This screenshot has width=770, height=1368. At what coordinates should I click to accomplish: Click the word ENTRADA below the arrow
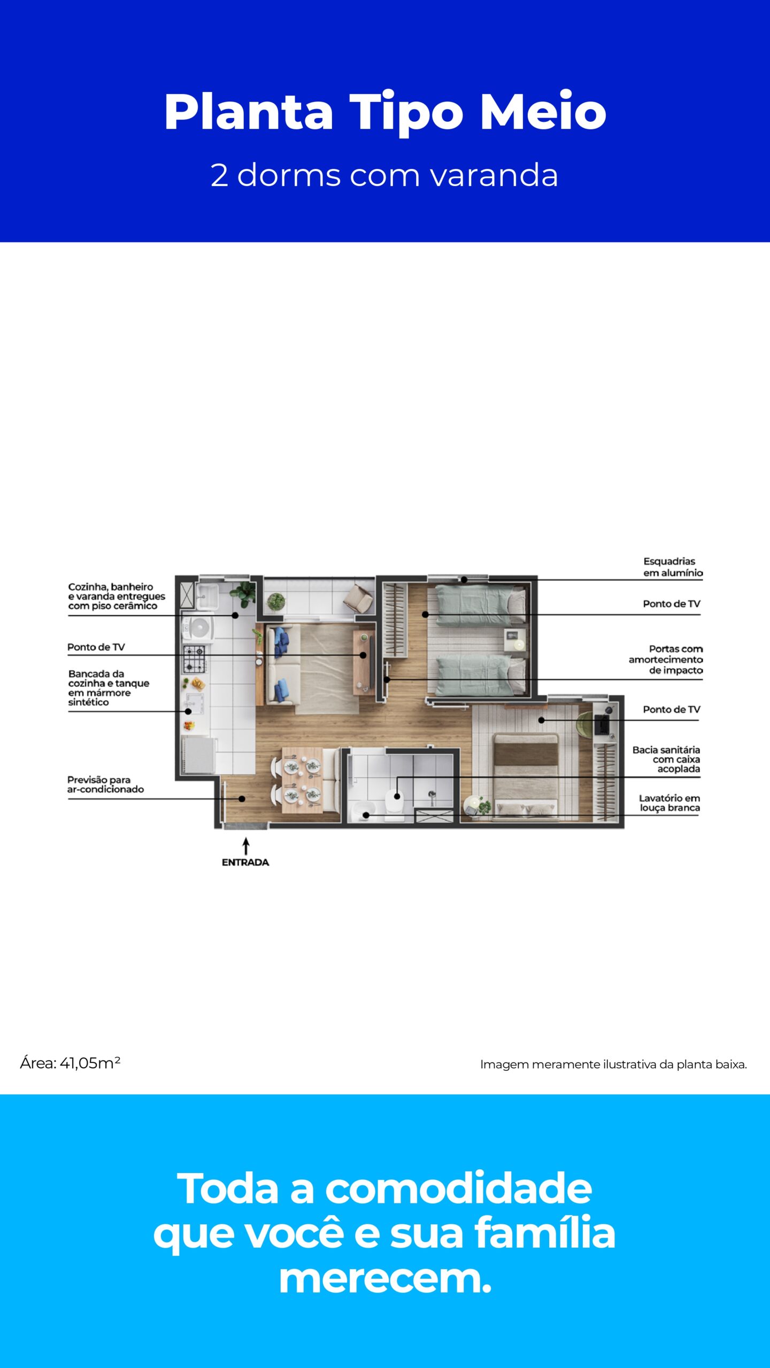click(245, 862)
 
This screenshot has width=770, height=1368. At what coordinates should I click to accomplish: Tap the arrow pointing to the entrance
click(246, 846)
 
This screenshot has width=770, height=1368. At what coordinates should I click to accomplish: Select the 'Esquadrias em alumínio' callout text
click(673, 567)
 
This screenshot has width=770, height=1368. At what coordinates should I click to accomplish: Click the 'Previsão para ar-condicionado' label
click(105, 784)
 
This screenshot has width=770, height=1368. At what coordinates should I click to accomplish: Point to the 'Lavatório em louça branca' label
click(669, 803)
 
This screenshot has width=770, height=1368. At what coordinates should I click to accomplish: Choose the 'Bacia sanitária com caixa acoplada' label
click(666, 759)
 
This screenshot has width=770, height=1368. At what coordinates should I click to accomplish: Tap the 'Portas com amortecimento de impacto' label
click(666, 659)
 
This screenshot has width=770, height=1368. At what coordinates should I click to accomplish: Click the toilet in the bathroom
click(395, 803)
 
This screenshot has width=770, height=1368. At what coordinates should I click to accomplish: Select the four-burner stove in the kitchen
click(194, 659)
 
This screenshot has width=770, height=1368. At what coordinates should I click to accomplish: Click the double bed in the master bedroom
click(526, 774)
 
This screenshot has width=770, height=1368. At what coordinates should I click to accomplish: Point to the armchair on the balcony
click(358, 598)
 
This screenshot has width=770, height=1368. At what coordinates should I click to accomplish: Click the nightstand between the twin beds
click(514, 640)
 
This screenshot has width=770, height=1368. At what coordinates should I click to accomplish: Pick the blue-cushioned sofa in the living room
click(280, 666)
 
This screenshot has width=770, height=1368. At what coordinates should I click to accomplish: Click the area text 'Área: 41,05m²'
click(70, 1063)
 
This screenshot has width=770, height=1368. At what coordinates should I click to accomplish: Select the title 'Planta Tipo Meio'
click(385, 112)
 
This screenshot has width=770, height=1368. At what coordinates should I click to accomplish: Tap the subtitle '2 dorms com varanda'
click(384, 175)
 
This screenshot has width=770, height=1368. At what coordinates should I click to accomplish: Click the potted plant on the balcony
click(276, 601)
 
